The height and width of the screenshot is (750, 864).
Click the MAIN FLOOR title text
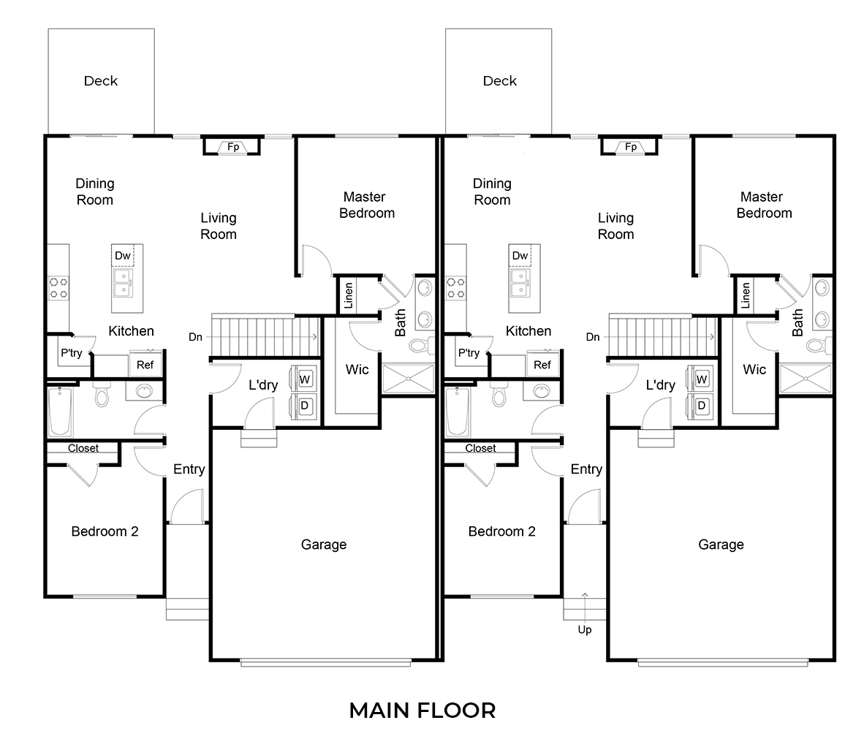[x=422, y=710]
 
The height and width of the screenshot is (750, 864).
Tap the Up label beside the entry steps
[x=585, y=629]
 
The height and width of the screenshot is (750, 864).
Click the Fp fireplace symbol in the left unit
[x=233, y=147]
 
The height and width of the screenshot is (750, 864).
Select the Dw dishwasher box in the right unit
[x=520, y=255]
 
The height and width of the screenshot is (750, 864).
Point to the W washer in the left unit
[x=306, y=379]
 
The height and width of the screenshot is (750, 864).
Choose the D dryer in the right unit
[x=702, y=405]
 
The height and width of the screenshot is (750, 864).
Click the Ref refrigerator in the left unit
[x=145, y=365]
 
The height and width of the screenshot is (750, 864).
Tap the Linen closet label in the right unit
[x=746, y=295]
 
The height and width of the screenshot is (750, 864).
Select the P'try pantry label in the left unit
[x=71, y=353]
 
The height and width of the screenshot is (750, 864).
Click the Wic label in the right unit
[x=754, y=369]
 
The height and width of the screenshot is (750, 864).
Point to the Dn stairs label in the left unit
[x=195, y=337]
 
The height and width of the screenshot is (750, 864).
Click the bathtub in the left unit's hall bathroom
[x=60, y=412]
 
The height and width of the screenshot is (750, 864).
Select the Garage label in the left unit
[x=324, y=545]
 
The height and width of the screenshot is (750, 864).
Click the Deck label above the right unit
[x=500, y=81]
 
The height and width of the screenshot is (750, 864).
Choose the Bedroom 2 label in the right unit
[x=501, y=531]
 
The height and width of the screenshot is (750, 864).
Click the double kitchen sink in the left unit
[x=122, y=283]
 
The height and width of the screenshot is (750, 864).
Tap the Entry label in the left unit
[x=189, y=469]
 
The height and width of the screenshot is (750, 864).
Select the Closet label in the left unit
[x=83, y=448]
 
